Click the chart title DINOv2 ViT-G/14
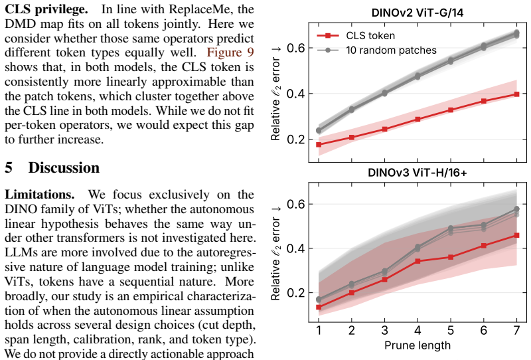pyautogui.click(x=417, y=13)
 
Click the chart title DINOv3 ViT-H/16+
pyautogui.click(x=417, y=173)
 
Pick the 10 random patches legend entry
pyautogui.click(x=376, y=50)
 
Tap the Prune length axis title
pyautogui.click(x=417, y=345)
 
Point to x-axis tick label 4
pyautogui.click(x=417, y=330)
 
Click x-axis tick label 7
pyautogui.click(x=516, y=330)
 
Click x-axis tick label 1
pyautogui.click(x=319, y=330)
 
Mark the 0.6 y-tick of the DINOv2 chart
pyautogui.click(x=295, y=48)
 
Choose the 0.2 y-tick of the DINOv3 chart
pyautogui.click(x=295, y=292)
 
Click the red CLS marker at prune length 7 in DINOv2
pyautogui.click(x=516, y=94)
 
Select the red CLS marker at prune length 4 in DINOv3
pyautogui.click(x=417, y=261)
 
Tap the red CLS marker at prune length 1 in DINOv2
pyautogui.click(x=319, y=145)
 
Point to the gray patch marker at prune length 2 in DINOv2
pyautogui.click(x=352, y=110)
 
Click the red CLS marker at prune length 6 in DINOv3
pyautogui.click(x=484, y=245)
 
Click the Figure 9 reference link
pyautogui.click(x=230, y=52)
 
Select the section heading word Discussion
pyautogui.click(x=64, y=168)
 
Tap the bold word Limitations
pyautogui.click(x=40, y=195)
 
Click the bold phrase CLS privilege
pyautogui.click(x=46, y=9)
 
